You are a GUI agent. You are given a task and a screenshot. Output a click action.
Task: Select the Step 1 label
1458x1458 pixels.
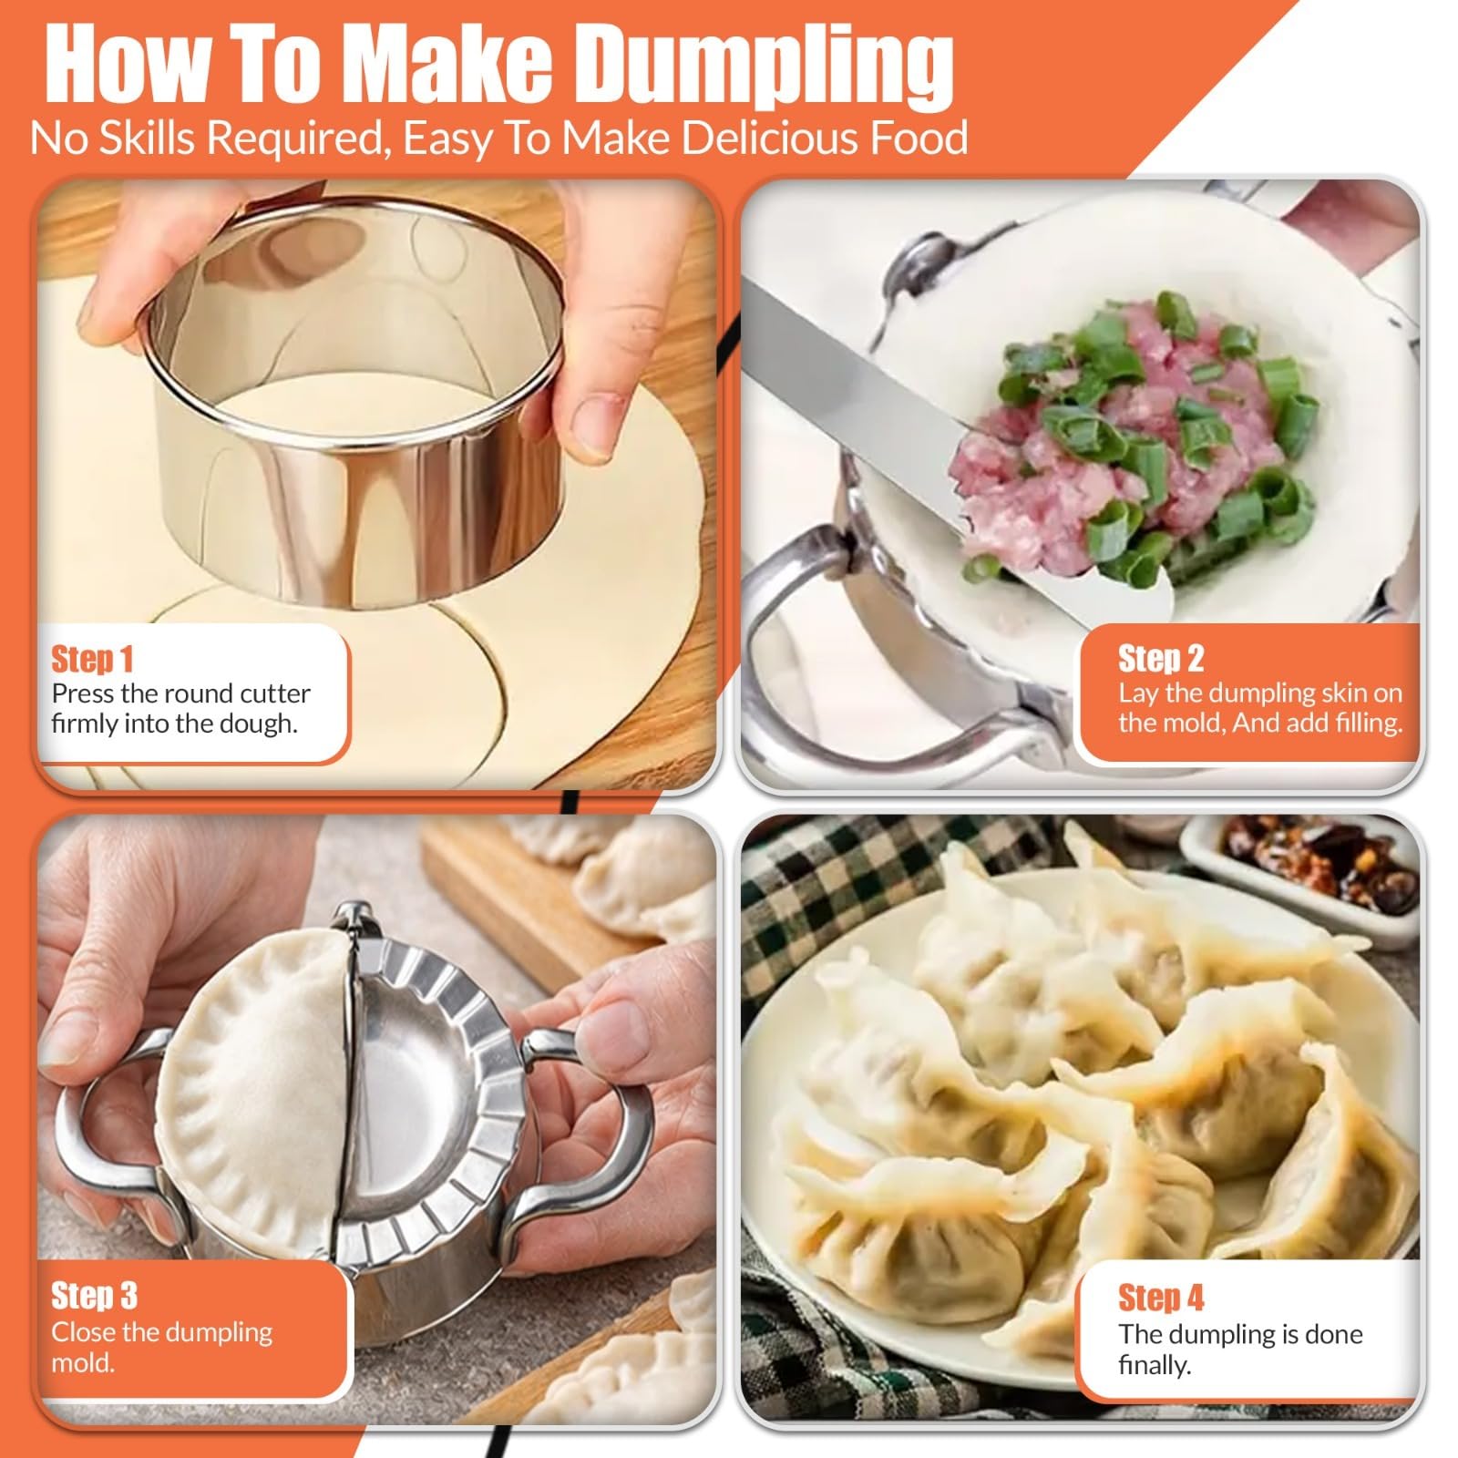point(92,658)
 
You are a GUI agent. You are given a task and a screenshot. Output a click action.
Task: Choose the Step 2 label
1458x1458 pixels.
point(1161,658)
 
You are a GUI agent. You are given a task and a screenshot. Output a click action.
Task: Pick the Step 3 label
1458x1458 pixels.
point(94,1295)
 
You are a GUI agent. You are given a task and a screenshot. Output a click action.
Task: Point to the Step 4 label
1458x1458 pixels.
point(1161,1297)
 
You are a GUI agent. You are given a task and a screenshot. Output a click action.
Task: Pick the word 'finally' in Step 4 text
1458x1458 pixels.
point(1155,1365)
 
